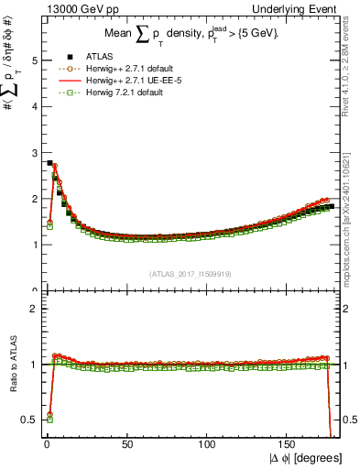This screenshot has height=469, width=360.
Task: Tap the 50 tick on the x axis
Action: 126,449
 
